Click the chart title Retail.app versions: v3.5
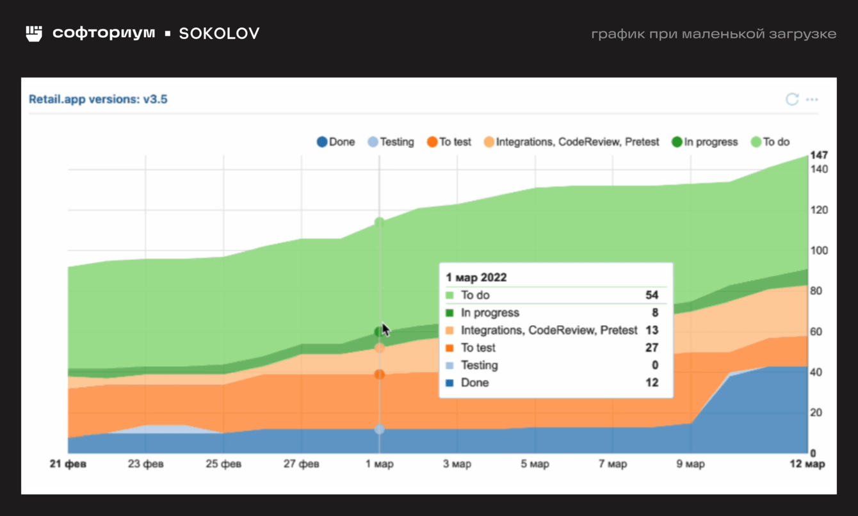point(98,99)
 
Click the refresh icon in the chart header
point(792,99)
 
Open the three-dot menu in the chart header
point(812,99)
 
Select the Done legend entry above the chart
point(336,142)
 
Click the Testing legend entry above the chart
point(391,142)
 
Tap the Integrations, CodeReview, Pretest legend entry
point(571,142)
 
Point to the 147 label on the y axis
point(819,155)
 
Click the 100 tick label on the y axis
point(819,250)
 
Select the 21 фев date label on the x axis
point(68,464)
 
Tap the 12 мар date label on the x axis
point(806,464)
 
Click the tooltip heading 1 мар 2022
point(476,277)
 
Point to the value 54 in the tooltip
point(652,295)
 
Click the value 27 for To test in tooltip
point(652,348)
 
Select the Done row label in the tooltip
point(474,383)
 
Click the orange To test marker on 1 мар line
point(380,374)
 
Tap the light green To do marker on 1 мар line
point(380,222)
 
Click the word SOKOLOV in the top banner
point(219,33)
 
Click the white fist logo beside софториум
point(34,33)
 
